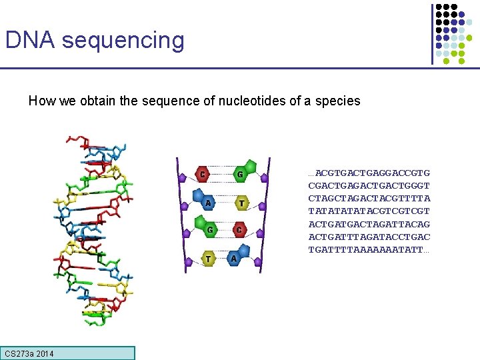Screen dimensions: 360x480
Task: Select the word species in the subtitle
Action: [x=338, y=102]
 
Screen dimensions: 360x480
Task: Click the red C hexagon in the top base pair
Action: [x=202, y=175]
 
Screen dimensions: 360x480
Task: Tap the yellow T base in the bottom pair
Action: [x=209, y=258]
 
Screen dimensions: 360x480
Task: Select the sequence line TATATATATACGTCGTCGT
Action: [x=369, y=211]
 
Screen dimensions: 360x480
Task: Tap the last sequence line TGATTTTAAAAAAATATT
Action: [x=369, y=250]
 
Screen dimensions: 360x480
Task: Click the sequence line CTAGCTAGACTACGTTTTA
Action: [x=369, y=199]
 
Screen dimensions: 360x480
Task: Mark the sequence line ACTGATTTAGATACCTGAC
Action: [x=369, y=237]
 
